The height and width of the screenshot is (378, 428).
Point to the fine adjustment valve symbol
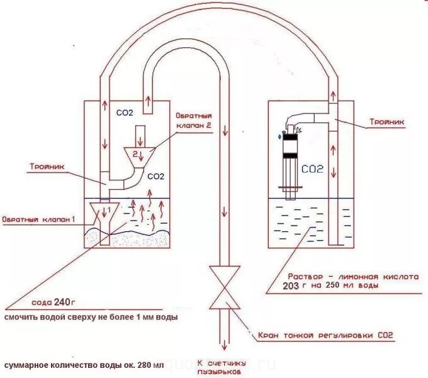[225, 288]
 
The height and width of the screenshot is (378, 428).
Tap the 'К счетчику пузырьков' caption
[218, 368]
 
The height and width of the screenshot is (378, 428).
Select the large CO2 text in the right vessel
[312, 169]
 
